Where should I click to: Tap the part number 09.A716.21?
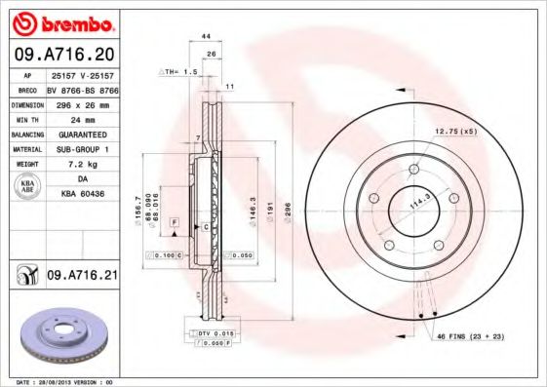82,276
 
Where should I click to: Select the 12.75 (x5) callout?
456,131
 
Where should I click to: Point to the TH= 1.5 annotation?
178,72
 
